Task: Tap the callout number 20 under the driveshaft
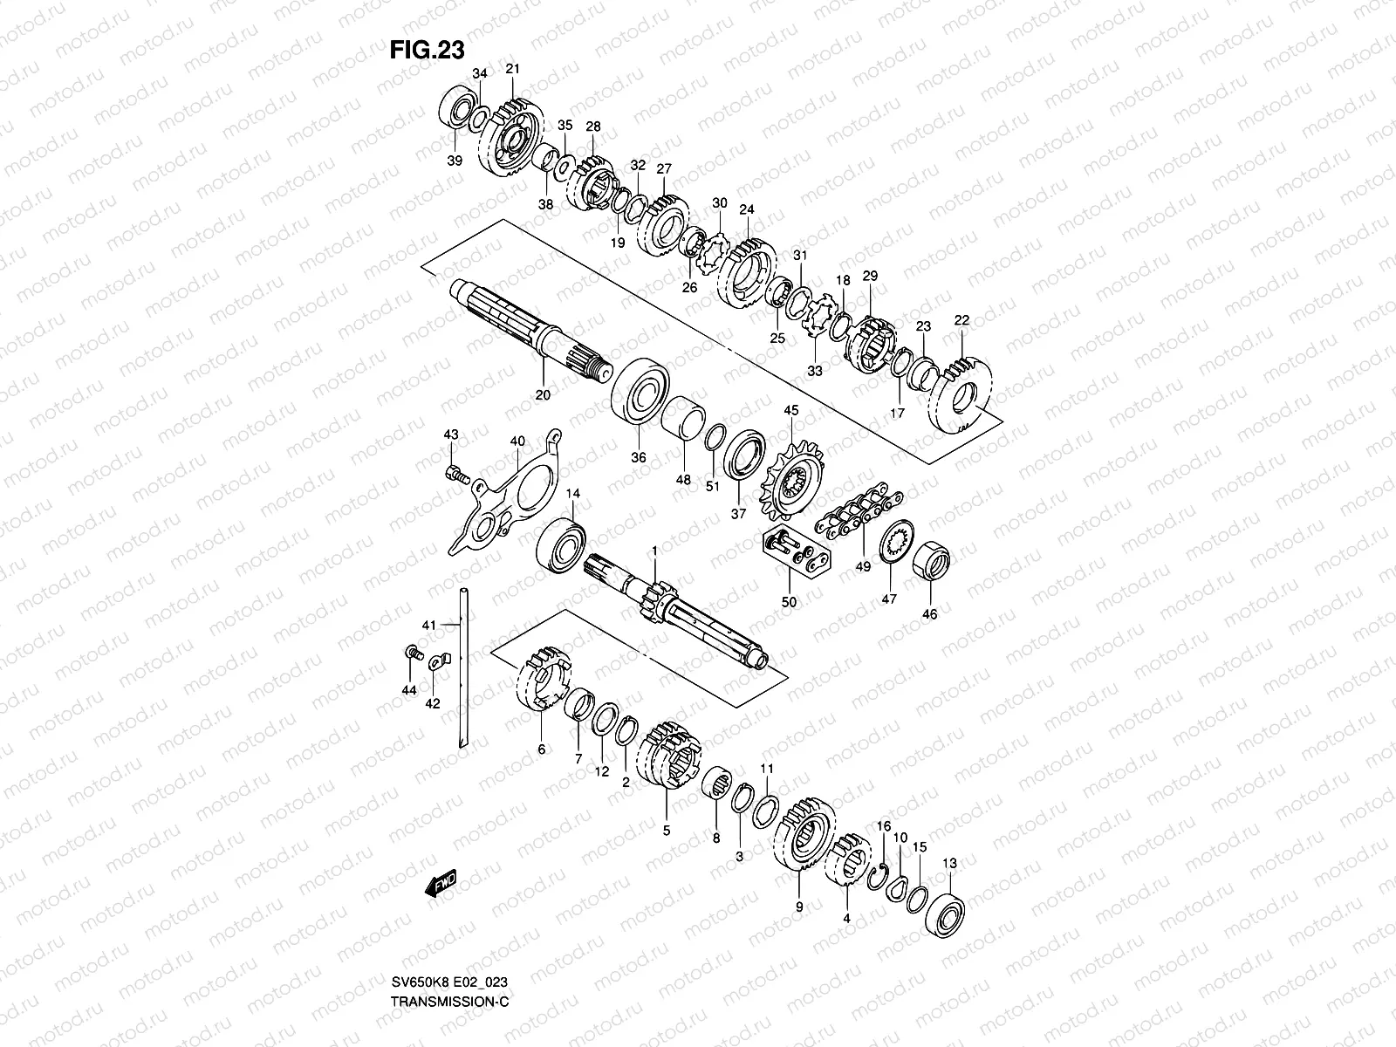coord(542,395)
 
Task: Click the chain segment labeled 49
coord(846,516)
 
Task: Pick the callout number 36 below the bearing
coord(638,457)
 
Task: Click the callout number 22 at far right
coord(961,321)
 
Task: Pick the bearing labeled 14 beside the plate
coord(561,545)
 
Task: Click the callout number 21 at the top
coord(512,69)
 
